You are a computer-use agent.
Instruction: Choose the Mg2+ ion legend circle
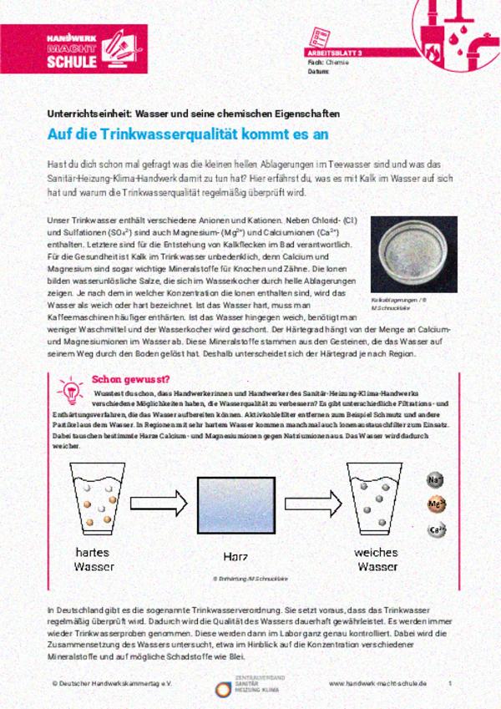click(x=436, y=504)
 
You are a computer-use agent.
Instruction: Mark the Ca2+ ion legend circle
click(x=436, y=529)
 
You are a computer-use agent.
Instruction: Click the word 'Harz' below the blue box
click(x=236, y=556)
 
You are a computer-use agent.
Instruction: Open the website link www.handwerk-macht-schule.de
click(x=377, y=683)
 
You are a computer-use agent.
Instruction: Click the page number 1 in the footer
click(x=450, y=683)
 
